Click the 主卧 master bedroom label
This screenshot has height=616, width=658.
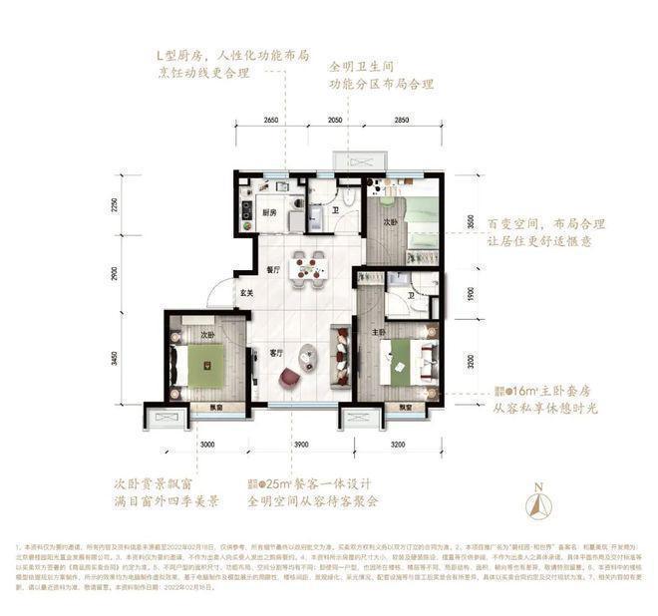pos(380,333)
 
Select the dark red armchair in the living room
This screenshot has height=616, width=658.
pos(290,378)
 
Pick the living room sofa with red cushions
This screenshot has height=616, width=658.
pos(341,355)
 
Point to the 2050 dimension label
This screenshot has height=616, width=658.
pos(336,120)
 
